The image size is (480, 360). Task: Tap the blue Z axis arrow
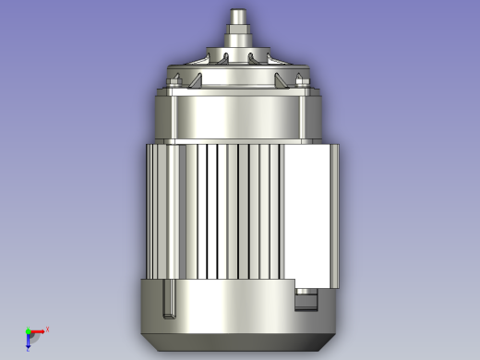29,340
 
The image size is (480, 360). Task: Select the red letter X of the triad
47,328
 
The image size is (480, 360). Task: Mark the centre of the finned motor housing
238,210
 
